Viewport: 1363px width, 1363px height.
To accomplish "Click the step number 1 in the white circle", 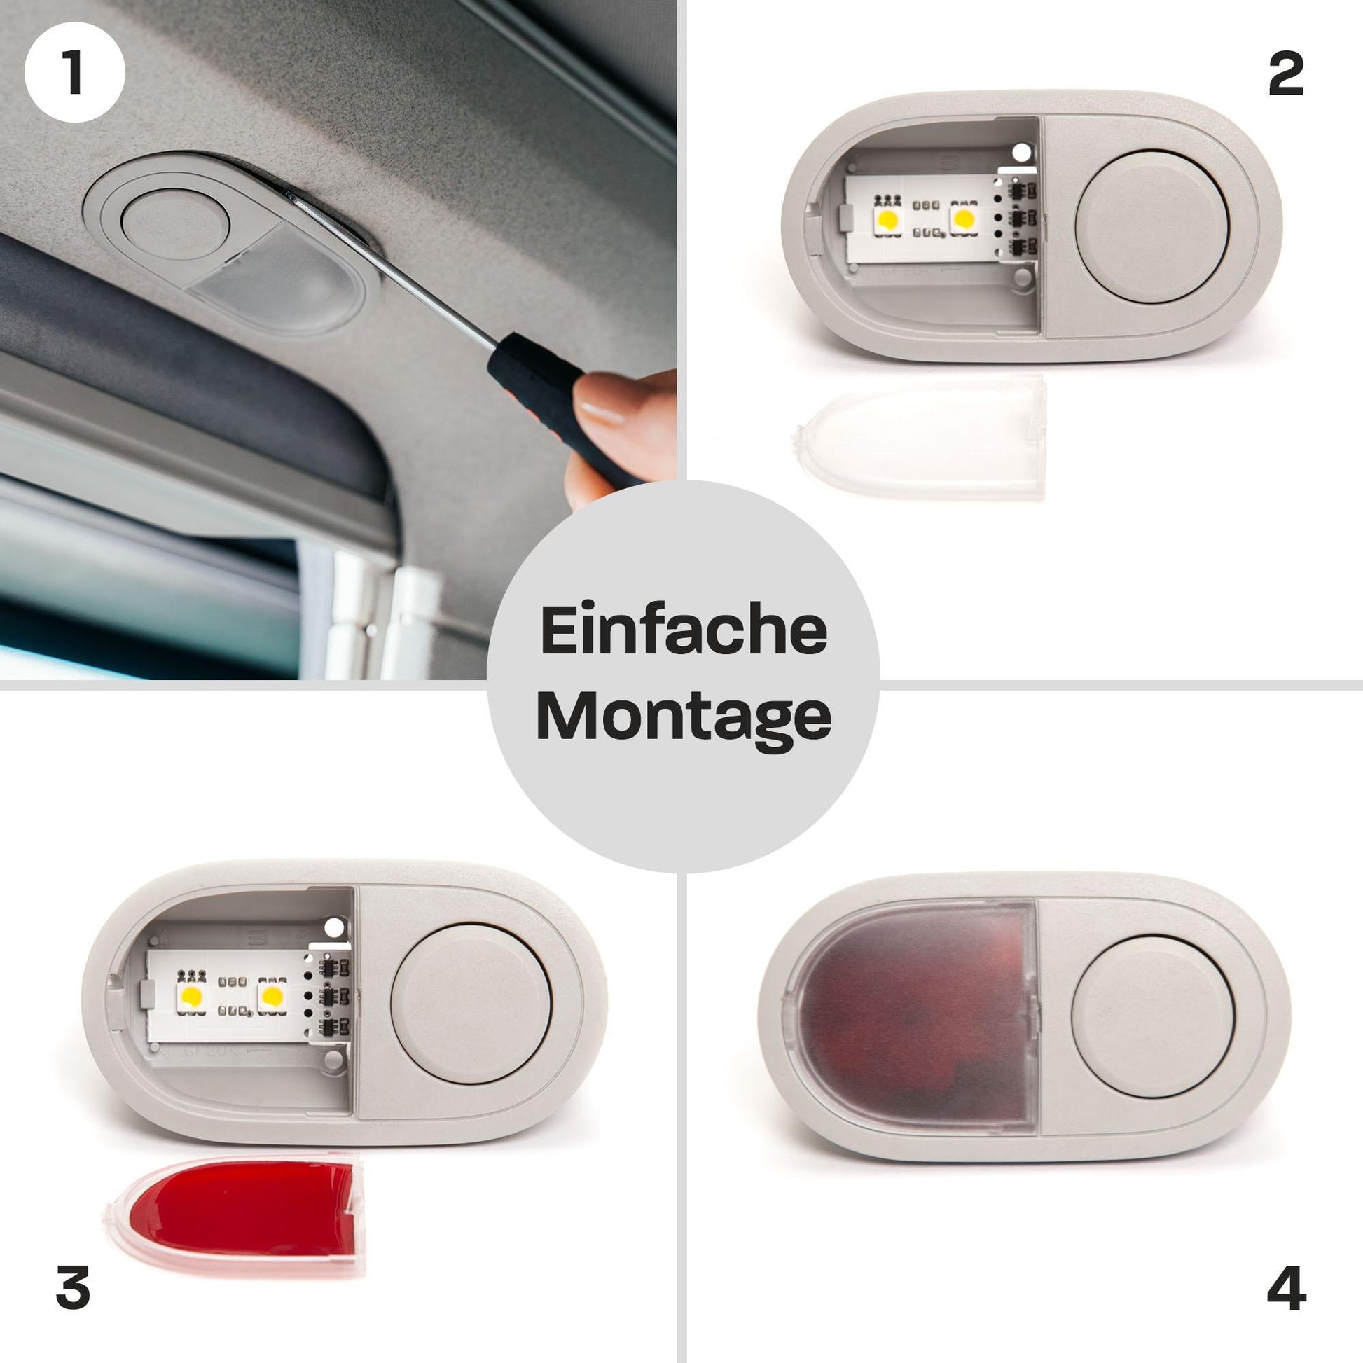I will [x=74, y=73].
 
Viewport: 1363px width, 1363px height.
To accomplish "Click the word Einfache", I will [x=683, y=630].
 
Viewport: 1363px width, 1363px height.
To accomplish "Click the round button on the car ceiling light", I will [x=175, y=225].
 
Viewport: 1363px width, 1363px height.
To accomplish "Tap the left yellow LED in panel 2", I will [x=887, y=219].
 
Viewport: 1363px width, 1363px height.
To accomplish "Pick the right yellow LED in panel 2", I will [x=963, y=218].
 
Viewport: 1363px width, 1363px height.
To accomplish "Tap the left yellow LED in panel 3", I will [x=191, y=997].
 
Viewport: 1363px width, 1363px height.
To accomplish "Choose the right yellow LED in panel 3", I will [x=272, y=996].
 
